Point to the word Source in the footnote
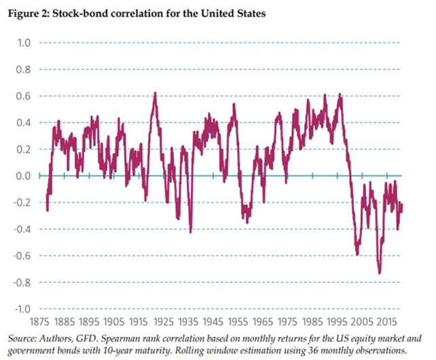pos(20,338)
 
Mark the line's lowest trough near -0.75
pos(380,273)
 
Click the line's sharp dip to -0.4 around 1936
pos(190,232)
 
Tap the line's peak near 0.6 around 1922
pos(155,93)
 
